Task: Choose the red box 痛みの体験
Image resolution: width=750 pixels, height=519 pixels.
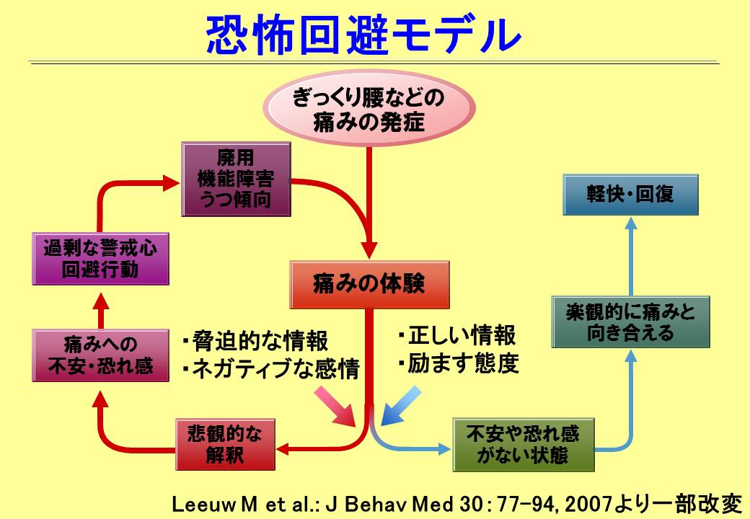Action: (x=369, y=284)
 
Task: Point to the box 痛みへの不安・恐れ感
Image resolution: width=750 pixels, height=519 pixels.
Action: (x=100, y=355)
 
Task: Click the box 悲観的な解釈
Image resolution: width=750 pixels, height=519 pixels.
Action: (x=225, y=445)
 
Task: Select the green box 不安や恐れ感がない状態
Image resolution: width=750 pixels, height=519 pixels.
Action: (x=523, y=445)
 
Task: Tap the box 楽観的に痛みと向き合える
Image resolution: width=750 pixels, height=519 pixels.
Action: (x=631, y=322)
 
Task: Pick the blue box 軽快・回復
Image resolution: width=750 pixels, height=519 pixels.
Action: (x=630, y=195)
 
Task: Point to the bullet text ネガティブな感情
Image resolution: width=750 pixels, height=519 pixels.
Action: (x=275, y=369)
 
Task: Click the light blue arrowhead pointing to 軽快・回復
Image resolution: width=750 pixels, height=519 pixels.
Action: (x=631, y=223)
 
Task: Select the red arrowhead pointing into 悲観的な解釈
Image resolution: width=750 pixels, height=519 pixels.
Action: (x=283, y=449)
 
